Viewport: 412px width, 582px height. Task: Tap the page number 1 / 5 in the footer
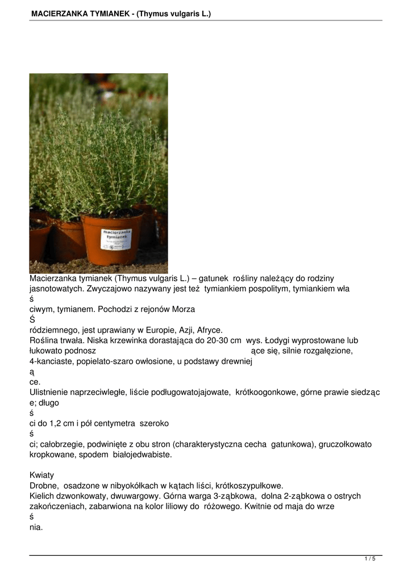pos(370,559)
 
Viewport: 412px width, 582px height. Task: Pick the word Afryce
pos(208,330)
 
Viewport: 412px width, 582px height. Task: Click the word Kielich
pos(41,496)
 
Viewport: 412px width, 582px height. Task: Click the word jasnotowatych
pos(56,289)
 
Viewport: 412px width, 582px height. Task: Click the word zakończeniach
pos(57,506)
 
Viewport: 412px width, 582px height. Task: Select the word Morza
pos(182,310)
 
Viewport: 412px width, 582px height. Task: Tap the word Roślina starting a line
pos(45,340)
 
